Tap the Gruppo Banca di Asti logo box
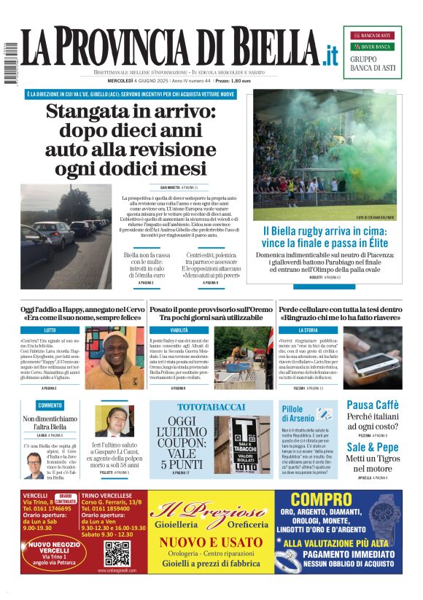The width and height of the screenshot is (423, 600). tap(372, 52)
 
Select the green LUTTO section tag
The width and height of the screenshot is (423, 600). tap(50, 330)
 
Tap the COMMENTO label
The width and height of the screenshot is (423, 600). tap(50, 405)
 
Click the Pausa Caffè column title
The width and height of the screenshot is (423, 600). tap(372, 405)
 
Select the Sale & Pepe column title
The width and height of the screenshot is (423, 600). tap(372, 447)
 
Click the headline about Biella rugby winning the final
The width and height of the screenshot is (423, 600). tap(325, 236)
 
